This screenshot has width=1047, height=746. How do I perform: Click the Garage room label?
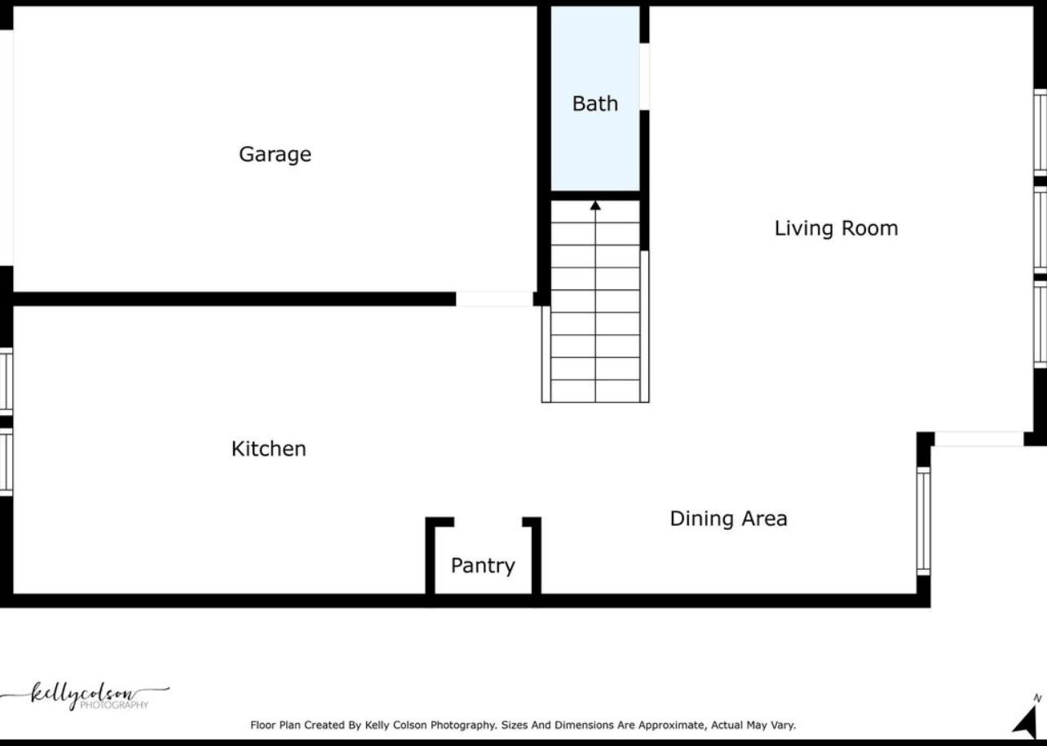275,154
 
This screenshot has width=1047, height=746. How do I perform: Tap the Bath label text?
594,104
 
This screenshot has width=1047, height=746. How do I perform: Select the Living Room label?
836,228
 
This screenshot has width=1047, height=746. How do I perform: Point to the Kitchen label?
268,448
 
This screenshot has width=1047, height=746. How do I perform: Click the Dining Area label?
728,519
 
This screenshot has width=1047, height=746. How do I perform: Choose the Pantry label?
483,566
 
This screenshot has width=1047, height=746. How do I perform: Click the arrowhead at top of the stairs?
595,206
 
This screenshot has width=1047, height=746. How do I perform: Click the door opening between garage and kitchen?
494,299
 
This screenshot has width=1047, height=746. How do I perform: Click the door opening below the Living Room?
979,439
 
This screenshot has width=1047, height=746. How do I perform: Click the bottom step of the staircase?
595,391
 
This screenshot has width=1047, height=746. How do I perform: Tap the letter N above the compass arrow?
1037,699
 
